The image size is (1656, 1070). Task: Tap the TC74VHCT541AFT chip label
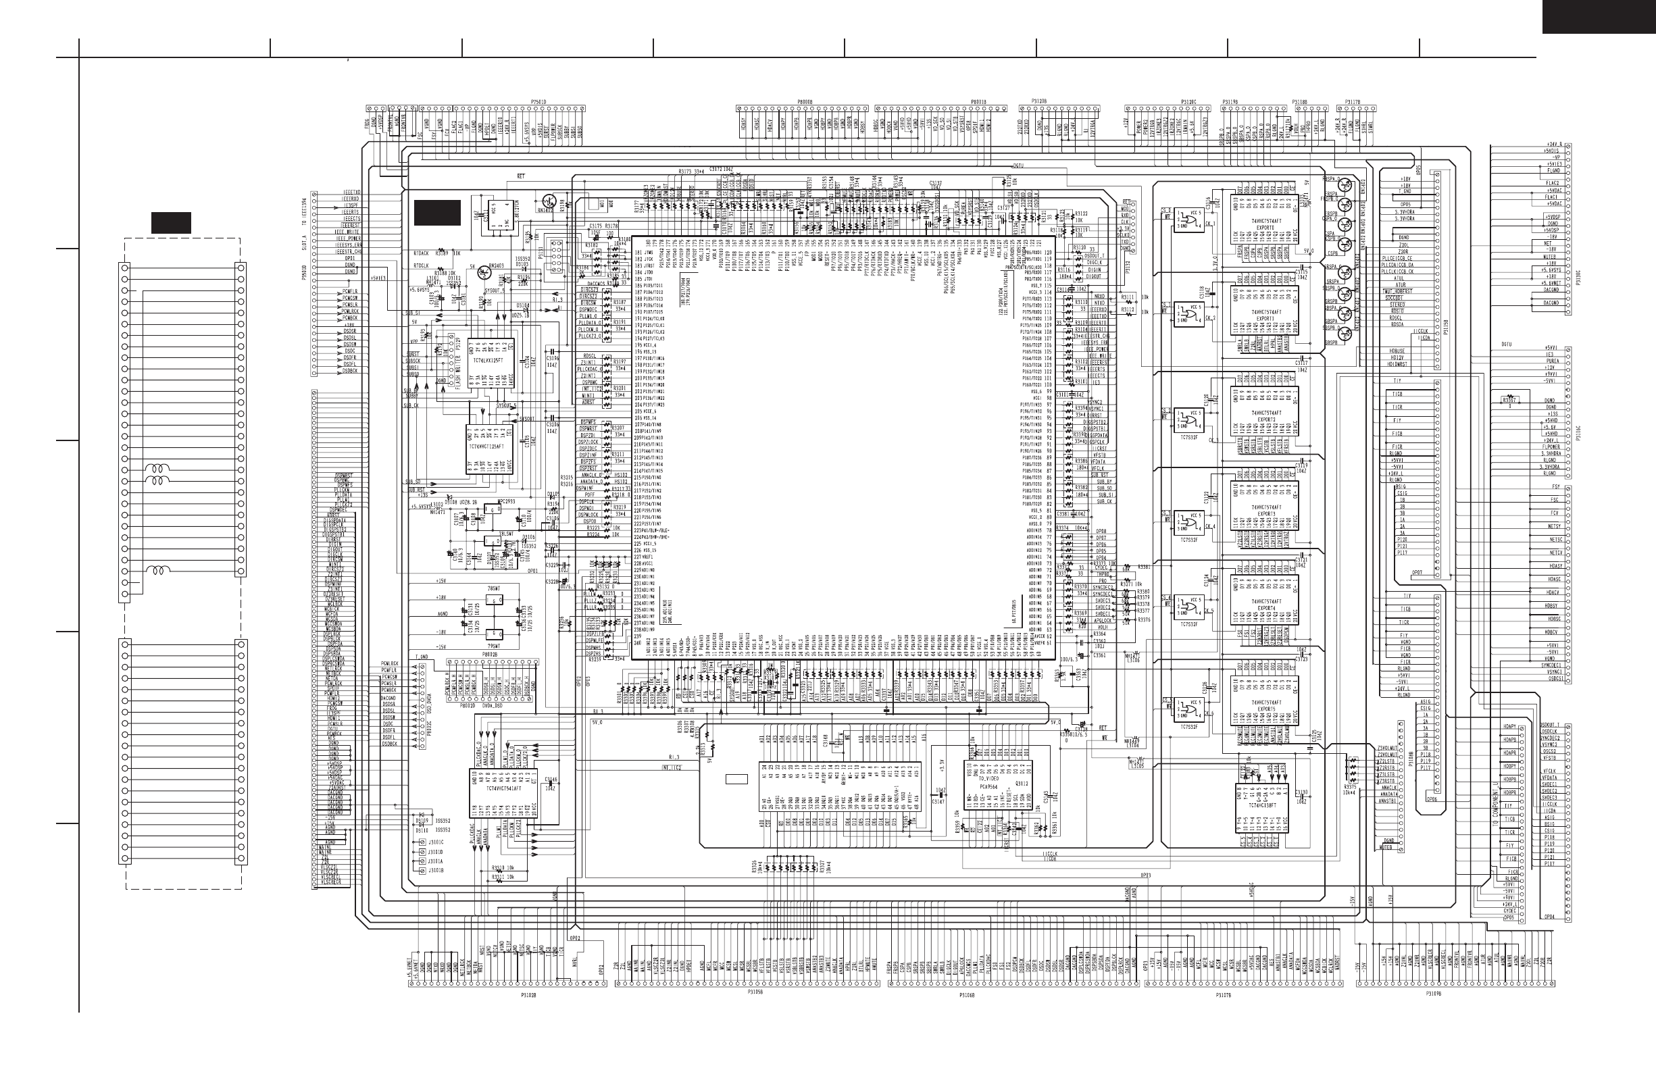505,788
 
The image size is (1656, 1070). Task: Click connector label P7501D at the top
538,101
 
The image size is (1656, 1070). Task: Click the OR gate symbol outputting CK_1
1186,222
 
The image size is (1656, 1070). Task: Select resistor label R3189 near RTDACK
441,253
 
